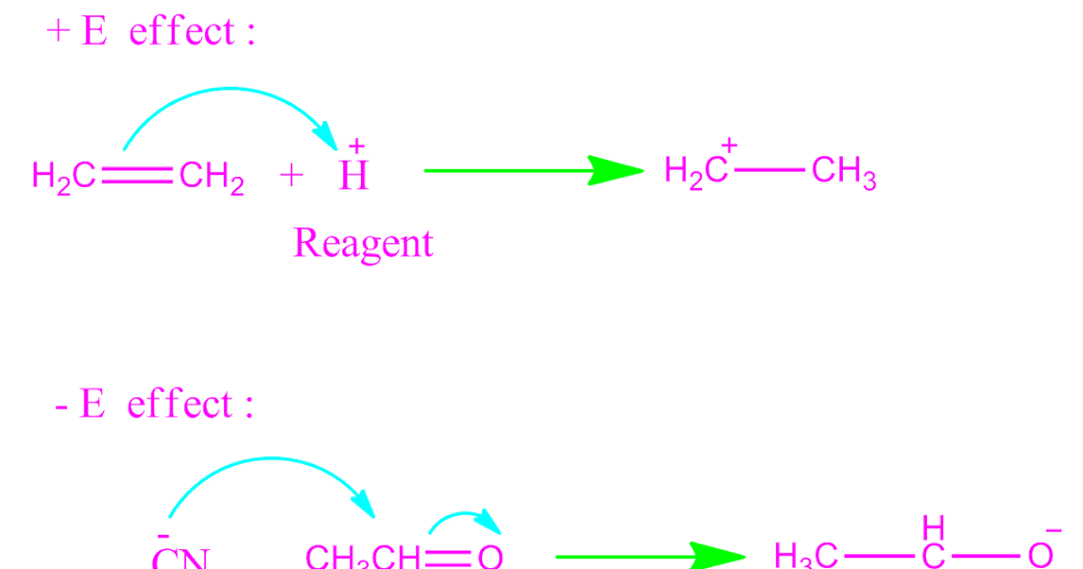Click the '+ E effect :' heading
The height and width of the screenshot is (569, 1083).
click(151, 33)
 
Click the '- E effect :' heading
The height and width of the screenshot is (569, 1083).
click(154, 405)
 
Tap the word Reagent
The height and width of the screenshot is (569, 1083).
click(363, 244)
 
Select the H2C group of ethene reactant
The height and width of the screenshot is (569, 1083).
click(64, 175)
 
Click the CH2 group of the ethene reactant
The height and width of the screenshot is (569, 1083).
click(211, 176)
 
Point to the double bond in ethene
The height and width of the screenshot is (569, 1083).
click(137, 176)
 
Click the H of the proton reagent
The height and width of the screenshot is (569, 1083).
click(354, 175)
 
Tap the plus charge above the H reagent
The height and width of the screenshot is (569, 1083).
click(356, 145)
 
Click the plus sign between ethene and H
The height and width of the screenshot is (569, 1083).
click(291, 176)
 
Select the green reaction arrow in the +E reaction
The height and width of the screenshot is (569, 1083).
click(532, 170)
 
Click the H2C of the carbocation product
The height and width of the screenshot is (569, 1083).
click(695, 172)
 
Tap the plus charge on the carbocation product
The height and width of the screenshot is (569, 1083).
click(730, 144)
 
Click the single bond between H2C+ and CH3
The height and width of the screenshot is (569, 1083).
click(770, 169)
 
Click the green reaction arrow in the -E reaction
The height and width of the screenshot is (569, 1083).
click(650, 556)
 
